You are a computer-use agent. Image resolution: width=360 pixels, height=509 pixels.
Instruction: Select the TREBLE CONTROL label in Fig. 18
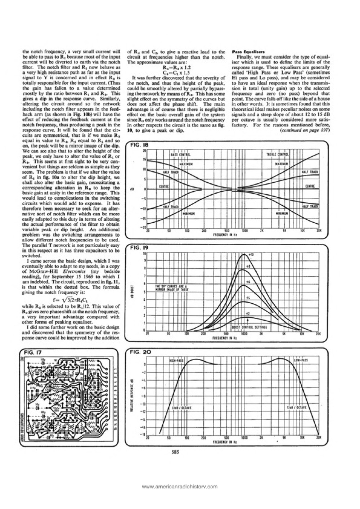click(x=277, y=155)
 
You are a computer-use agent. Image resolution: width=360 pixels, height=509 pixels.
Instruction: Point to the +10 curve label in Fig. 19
click(x=252, y=255)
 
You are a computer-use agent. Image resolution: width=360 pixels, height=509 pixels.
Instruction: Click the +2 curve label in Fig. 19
click(x=248, y=314)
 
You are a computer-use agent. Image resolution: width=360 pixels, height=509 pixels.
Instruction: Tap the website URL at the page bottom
click(x=180, y=486)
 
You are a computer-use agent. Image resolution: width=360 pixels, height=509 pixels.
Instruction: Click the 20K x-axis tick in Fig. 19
click(x=318, y=334)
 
